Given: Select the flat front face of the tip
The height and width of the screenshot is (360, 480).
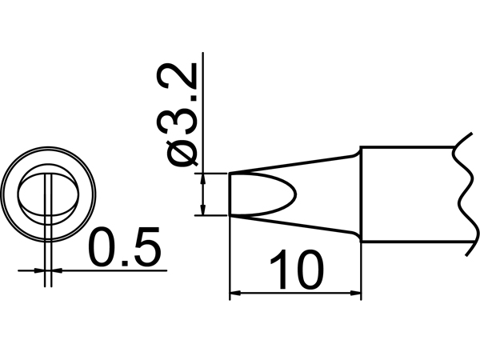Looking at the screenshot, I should (230, 194).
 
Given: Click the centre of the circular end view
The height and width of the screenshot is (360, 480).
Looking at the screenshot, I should (50, 194).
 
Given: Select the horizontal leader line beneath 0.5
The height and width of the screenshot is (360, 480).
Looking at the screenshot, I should (120, 271).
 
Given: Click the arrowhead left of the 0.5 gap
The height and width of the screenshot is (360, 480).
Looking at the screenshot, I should (41, 271).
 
